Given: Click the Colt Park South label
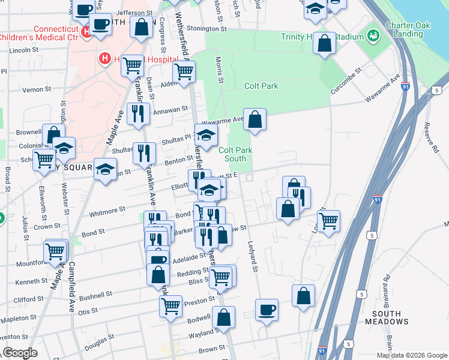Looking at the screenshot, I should [232, 154].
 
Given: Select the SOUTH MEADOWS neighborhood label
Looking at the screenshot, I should [390, 317].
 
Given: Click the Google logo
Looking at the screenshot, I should [20, 353].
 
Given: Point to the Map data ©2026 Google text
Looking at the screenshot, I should [412, 355].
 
